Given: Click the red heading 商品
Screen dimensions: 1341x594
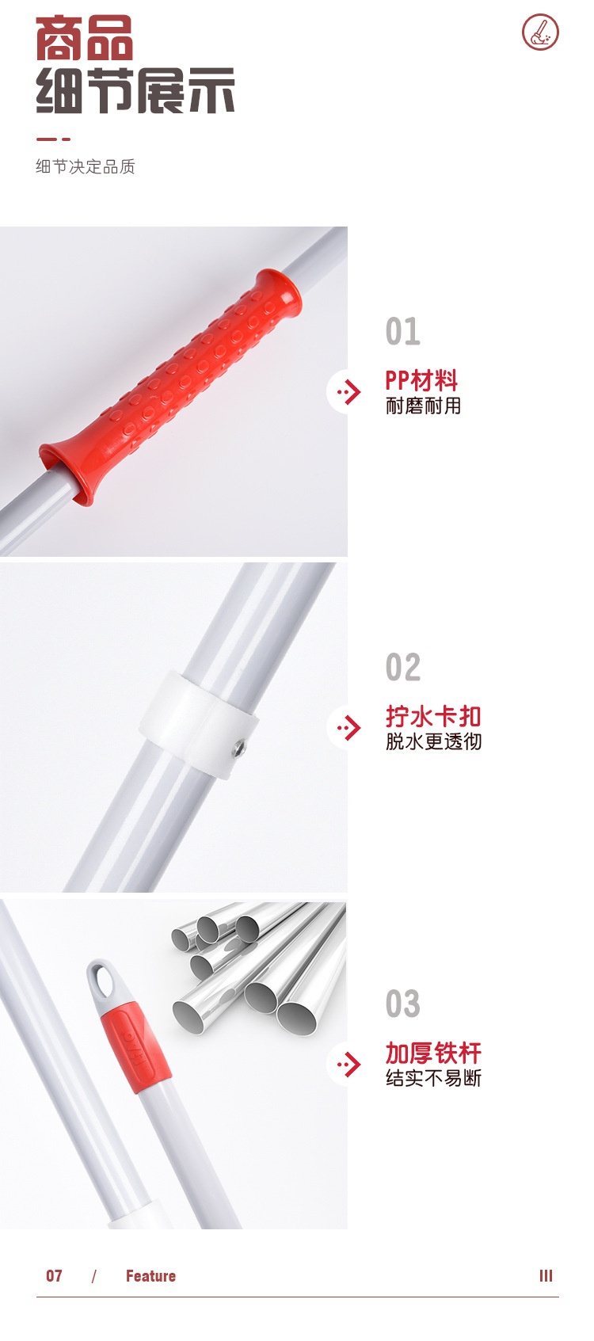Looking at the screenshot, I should coord(84,39).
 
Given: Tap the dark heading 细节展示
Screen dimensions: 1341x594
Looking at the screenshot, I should coord(135,91).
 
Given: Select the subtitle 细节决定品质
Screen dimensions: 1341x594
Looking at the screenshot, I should coord(86,166).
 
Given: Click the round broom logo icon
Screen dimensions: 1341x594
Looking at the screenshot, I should coord(540,32).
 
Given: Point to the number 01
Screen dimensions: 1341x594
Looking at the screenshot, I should coord(402,331).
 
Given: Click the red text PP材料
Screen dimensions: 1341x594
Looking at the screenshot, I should coord(421,381).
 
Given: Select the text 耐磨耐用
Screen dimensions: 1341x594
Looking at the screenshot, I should coord(423,406).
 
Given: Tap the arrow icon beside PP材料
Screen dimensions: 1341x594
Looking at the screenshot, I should coord(348,391).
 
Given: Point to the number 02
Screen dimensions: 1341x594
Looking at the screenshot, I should coord(402,667).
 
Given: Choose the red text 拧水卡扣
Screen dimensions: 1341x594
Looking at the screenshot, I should coord(433,717).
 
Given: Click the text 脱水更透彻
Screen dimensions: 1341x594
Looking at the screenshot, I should coord(433,741).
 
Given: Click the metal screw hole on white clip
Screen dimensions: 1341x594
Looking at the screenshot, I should coord(238,748).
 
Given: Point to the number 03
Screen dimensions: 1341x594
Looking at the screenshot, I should coord(402,1004).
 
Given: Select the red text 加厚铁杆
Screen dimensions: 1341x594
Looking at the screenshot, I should coord(433,1053).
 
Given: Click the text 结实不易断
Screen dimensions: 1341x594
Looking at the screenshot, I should coord(433,1078).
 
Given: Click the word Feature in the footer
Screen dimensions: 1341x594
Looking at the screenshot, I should coord(150,1276).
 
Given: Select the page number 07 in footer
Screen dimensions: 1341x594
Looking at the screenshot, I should coord(54,1276).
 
